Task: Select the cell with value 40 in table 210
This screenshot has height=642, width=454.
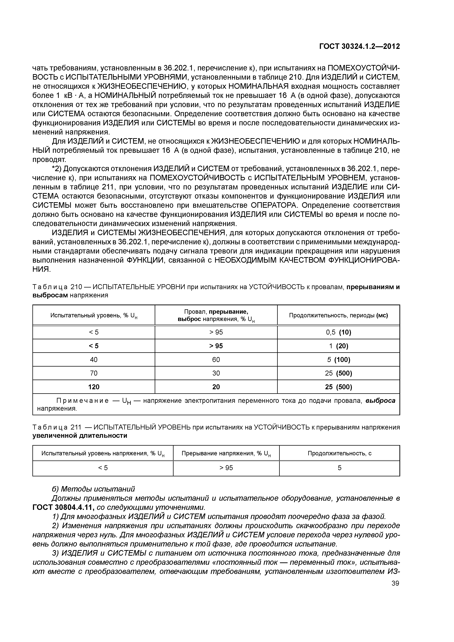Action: coord(94,360)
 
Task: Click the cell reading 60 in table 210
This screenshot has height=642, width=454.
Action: coord(216,360)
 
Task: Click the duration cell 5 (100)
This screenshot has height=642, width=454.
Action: coord(338,360)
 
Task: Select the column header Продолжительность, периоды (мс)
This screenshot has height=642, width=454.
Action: coord(338,315)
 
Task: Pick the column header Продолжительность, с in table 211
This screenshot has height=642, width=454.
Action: coord(340,453)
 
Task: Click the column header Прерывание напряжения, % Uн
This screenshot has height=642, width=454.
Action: coord(226,453)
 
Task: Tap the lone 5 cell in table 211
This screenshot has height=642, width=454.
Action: coord(340,468)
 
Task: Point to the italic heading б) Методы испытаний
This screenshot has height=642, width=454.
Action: coord(93,489)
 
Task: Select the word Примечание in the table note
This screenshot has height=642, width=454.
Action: coord(83,401)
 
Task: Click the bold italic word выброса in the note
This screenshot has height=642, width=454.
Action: coord(380,401)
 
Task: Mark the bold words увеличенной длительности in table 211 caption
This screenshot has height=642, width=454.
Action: coord(80,436)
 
